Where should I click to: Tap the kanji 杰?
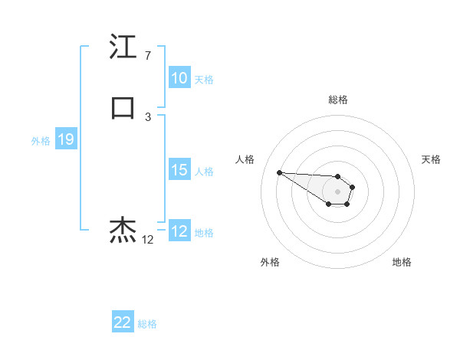123,229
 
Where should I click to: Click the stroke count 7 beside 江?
147,56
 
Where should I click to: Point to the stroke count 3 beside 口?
147,116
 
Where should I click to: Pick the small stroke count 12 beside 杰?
147,240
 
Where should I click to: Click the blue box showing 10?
179,78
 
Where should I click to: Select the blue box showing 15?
179,170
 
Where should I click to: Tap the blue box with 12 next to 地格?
179,231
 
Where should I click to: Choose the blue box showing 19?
65,139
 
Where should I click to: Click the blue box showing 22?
123,322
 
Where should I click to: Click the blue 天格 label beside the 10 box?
204,79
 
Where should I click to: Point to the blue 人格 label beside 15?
204,171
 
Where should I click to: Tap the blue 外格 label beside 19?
41,140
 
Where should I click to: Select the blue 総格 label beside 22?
147,323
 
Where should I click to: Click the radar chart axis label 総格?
338,100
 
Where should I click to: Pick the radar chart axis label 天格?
431,159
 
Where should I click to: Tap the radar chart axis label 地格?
402,262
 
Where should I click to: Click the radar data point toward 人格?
279,172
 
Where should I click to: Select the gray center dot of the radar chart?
338,191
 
